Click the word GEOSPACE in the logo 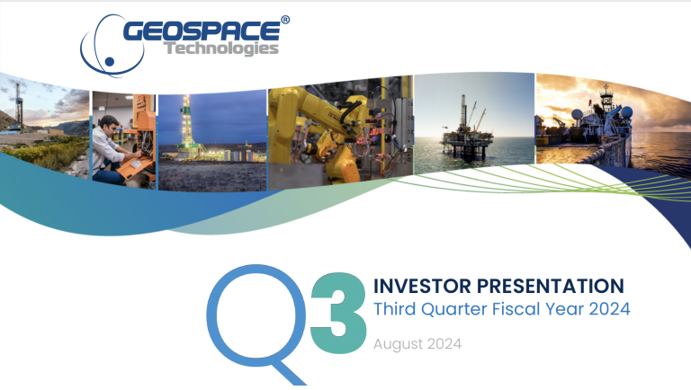pos(202,31)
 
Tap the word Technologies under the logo pos(221,48)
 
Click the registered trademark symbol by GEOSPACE pos(285,20)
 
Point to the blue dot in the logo pos(110,62)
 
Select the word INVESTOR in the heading pos(422,286)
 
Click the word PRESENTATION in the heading pos(551,286)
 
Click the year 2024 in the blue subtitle pos(609,308)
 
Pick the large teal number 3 pos(338,313)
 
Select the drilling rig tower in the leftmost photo pos(19,106)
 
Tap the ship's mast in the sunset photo pos(606,97)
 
